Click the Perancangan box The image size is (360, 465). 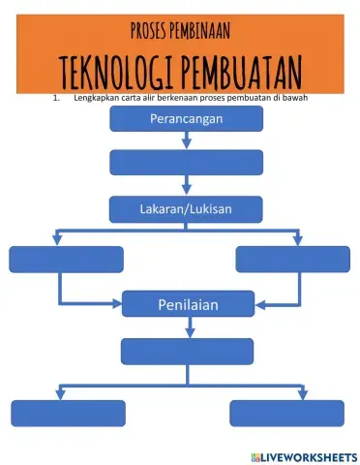[187, 118]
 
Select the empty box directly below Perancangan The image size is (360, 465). [187, 162]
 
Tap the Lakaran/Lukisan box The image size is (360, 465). [187, 207]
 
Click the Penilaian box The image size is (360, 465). [187, 305]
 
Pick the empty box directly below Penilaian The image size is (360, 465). [187, 351]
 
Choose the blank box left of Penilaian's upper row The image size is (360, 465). [66, 260]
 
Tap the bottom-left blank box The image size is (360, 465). [69, 413]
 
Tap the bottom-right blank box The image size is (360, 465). [286, 413]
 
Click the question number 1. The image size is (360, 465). [56, 98]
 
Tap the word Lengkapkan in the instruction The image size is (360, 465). [95, 98]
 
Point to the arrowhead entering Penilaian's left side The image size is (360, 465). [118, 305]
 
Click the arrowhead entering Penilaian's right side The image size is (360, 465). [255, 305]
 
